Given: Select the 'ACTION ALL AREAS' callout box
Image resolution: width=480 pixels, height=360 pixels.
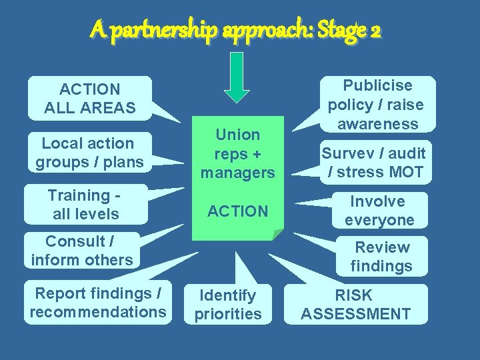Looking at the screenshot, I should [89, 98].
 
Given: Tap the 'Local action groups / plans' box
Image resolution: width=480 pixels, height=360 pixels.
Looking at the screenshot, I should [89, 152].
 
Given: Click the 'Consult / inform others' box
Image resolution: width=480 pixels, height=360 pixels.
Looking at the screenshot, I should [82, 251].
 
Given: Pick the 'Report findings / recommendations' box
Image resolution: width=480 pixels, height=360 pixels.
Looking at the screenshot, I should [98, 303].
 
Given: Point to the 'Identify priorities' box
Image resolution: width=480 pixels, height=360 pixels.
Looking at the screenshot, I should [228, 304].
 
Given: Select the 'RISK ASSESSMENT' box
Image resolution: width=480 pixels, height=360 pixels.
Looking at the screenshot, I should [355, 304].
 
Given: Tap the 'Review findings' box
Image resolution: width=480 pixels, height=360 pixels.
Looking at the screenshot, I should [381, 257].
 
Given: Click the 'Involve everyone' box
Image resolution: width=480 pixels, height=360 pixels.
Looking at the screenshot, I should [379, 210].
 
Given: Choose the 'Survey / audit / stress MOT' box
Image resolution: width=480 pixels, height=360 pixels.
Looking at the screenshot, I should [373, 162].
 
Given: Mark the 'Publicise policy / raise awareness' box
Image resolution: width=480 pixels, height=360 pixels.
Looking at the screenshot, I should [377, 104].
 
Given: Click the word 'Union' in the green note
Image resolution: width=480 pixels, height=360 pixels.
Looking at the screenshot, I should [237, 135].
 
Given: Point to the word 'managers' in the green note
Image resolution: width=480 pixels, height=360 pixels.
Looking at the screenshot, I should [237, 173].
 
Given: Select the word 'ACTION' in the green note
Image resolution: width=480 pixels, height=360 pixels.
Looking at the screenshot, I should [237, 211].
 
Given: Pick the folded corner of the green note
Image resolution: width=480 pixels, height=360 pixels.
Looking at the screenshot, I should [278, 234].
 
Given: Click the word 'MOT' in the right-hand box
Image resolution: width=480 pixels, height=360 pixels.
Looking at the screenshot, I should [407, 172].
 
